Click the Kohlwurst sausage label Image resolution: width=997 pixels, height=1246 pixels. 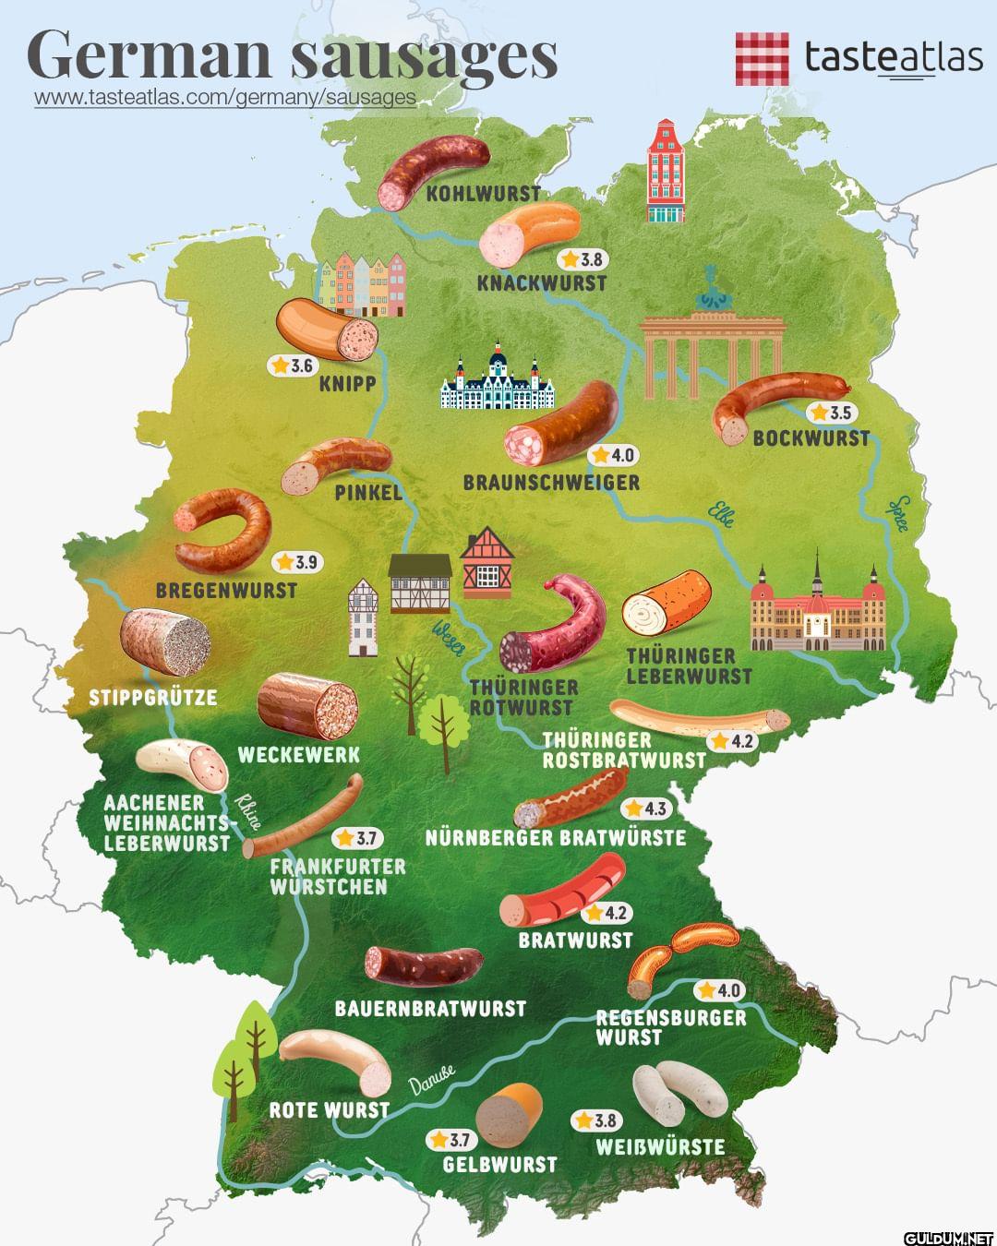tap(483, 194)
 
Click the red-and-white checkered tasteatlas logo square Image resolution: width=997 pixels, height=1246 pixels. tap(762, 58)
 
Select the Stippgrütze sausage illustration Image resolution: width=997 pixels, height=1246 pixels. tap(164, 643)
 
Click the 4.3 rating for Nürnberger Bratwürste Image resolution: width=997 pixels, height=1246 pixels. tap(645, 809)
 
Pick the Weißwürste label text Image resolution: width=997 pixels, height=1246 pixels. tap(660, 1147)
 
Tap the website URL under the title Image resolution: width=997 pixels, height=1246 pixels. tap(224, 98)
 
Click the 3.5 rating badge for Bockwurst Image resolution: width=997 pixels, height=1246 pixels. tap(830, 413)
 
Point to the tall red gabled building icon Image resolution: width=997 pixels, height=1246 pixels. tap(667, 173)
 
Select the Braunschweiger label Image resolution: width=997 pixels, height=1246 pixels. tap(551, 483)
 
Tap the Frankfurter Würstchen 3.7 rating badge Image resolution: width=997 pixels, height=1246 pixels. tap(357, 838)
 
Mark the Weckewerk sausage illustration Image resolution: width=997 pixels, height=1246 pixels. tap(306, 705)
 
